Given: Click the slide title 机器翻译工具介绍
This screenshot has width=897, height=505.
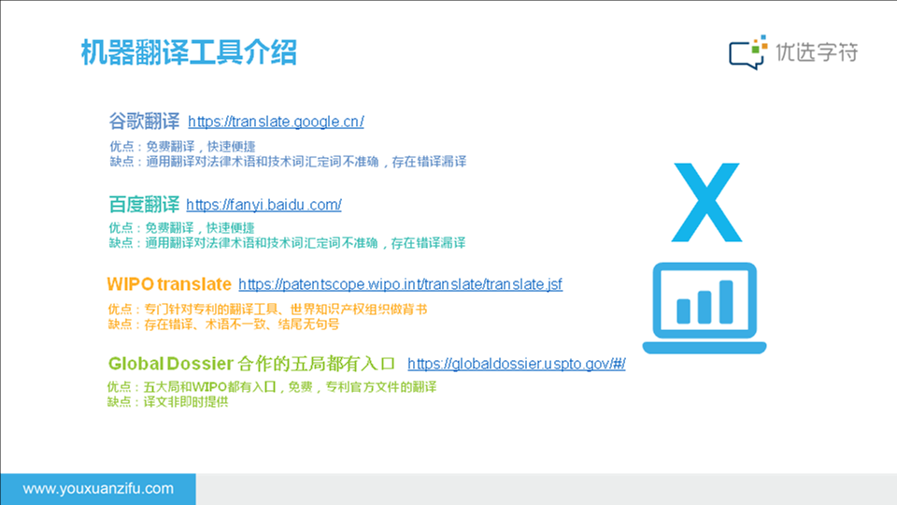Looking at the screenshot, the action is pyautogui.click(x=189, y=52).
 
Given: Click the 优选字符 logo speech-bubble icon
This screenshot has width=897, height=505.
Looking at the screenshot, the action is pyautogui.click(x=747, y=52).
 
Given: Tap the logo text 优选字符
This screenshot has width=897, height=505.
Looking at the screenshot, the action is pyautogui.click(x=817, y=52).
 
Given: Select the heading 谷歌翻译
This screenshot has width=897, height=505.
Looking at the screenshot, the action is pyautogui.click(x=144, y=122).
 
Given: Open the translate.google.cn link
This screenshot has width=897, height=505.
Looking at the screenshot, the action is pyautogui.click(x=276, y=122).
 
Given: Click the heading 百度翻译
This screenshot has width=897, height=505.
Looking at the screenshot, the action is pyautogui.click(x=144, y=205).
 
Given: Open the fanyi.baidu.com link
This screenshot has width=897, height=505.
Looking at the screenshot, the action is pyautogui.click(x=263, y=205).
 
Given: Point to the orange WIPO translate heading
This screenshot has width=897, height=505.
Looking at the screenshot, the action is pyautogui.click(x=169, y=284).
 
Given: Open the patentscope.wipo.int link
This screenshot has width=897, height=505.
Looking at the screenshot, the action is pyautogui.click(x=401, y=284).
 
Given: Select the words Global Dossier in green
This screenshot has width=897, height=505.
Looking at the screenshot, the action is pyautogui.click(x=170, y=364).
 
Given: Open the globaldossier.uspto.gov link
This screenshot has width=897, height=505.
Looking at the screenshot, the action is pyautogui.click(x=517, y=364).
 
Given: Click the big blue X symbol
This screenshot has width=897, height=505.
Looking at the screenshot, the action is pyautogui.click(x=707, y=203).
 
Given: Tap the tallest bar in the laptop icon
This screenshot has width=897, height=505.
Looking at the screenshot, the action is pyautogui.click(x=726, y=302).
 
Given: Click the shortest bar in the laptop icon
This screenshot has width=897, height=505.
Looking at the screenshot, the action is pyautogui.click(x=683, y=311).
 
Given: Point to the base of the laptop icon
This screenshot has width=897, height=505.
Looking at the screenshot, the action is pyautogui.click(x=705, y=348).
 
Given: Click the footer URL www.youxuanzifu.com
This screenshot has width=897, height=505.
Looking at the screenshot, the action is pyautogui.click(x=98, y=488).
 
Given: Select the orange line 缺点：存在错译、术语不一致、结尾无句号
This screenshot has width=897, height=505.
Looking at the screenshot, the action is pyautogui.click(x=223, y=325).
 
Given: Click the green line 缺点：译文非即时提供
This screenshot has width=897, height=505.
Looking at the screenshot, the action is pyautogui.click(x=167, y=402).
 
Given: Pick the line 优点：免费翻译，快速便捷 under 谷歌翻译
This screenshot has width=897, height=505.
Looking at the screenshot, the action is pyautogui.click(x=182, y=147).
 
